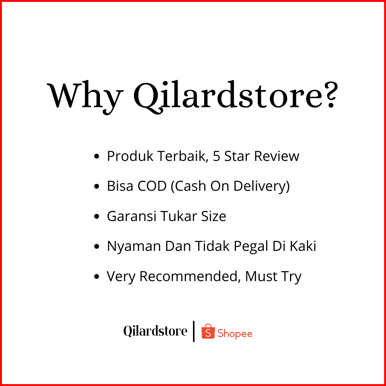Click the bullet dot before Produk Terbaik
click(x=97, y=156)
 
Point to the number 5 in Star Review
click(x=217, y=156)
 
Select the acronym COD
click(x=152, y=186)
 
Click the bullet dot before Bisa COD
click(x=97, y=186)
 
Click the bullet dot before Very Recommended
click(x=97, y=277)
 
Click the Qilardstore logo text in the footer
click(x=155, y=331)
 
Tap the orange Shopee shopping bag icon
click(x=208, y=331)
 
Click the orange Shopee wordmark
click(x=235, y=334)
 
